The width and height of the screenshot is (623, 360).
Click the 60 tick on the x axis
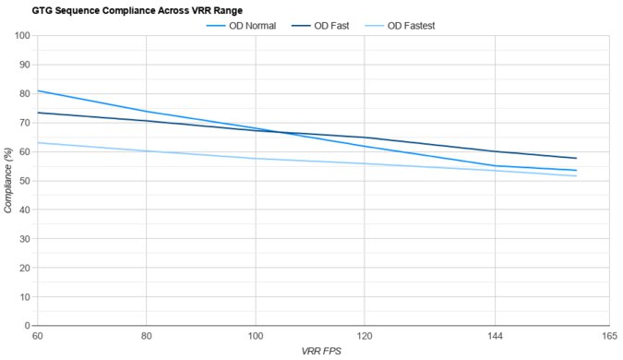click(37, 337)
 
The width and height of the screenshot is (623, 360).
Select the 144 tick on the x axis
click(496, 337)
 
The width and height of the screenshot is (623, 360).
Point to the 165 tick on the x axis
click(608, 337)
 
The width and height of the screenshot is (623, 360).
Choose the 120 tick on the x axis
click(365, 337)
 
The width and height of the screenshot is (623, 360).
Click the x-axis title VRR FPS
click(322, 352)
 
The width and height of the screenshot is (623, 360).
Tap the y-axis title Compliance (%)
click(8, 181)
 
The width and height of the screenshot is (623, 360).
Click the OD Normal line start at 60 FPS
click(37, 90)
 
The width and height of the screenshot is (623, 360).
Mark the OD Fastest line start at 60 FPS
click(37, 142)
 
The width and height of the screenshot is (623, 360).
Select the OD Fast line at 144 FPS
click(496, 151)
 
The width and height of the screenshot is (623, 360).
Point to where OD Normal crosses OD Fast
click(278, 132)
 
